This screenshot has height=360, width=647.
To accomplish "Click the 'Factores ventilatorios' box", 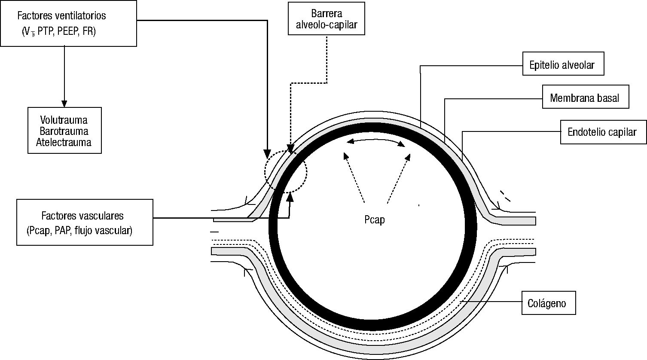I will coord(68,23).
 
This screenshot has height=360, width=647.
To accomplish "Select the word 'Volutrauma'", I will coord(64,120).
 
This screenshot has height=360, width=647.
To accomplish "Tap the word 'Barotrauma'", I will coord(64,131).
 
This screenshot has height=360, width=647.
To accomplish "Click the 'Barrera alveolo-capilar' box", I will coord(327,19).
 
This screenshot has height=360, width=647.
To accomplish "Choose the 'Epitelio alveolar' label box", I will coord(563,64).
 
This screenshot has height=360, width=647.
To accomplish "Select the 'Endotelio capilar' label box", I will coord(603,131).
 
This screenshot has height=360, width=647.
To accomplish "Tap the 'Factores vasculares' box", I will coord(85,222).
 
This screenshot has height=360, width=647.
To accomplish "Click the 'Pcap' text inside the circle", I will coord(372,220).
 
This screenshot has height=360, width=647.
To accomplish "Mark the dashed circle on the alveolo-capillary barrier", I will coord(286,171).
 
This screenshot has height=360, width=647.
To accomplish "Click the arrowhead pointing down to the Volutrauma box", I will coord(64,104).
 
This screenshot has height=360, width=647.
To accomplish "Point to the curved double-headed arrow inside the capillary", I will coord(376,141).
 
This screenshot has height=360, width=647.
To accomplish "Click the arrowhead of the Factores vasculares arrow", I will coord(290,196).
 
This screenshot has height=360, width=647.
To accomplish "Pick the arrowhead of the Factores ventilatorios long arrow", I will coord(267,154).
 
